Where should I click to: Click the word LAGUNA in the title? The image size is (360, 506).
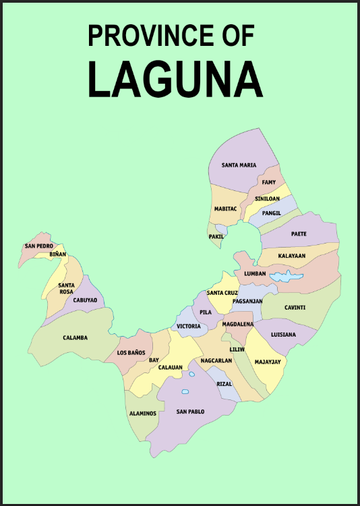(175, 79)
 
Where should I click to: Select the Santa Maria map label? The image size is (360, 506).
(239, 165)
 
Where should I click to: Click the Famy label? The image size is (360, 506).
(269, 182)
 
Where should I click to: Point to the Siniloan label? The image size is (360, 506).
(267, 199)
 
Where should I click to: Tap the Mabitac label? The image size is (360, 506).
(225, 209)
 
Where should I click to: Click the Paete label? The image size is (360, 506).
(299, 234)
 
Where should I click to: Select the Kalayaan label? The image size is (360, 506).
(292, 256)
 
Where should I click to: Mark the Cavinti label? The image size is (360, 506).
(295, 308)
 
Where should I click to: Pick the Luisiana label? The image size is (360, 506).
(283, 335)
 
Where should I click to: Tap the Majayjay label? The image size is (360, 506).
(268, 362)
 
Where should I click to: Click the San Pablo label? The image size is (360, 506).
(190, 412)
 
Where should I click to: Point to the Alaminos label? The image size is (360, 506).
(142, 414)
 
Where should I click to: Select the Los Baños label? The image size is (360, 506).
(131, 353)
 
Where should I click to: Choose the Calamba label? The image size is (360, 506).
(75, 338)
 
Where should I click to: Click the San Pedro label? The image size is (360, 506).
(39, 246)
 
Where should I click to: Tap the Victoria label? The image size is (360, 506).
(189, 327)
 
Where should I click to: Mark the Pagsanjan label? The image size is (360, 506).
(247, 301)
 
